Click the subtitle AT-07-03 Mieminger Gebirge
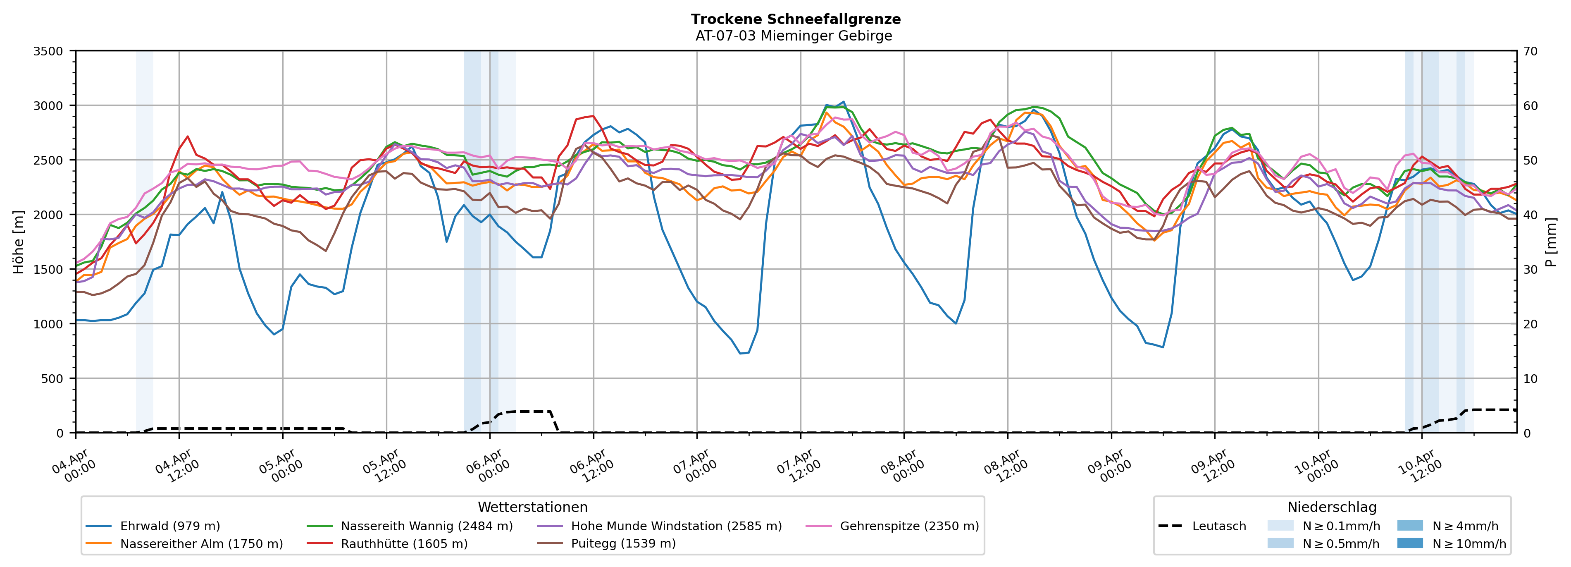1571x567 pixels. point(794,36)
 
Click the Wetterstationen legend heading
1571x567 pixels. point(532,507)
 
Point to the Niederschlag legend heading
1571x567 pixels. point(1331,507)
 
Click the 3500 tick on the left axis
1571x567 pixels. point(48,51)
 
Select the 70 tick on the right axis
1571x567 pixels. point(1530,51)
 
